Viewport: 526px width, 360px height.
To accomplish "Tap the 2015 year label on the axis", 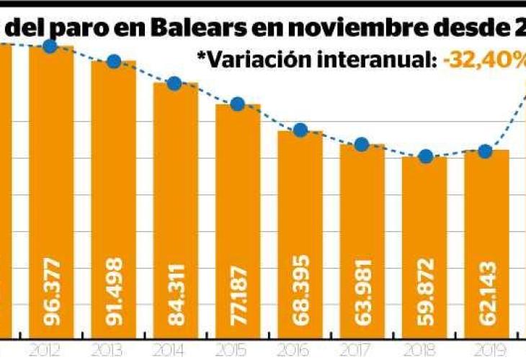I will pos(238,351).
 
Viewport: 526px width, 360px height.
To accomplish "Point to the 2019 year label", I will pos(487,351).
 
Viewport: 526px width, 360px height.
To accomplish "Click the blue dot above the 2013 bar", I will pos(114,61).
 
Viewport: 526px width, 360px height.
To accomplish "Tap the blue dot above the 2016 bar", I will pos(300,130).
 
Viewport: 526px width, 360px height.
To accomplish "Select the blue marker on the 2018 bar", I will pos(426,156).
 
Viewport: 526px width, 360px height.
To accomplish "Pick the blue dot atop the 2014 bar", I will pos(174,84).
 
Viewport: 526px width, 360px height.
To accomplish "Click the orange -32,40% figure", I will pos(483,60).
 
